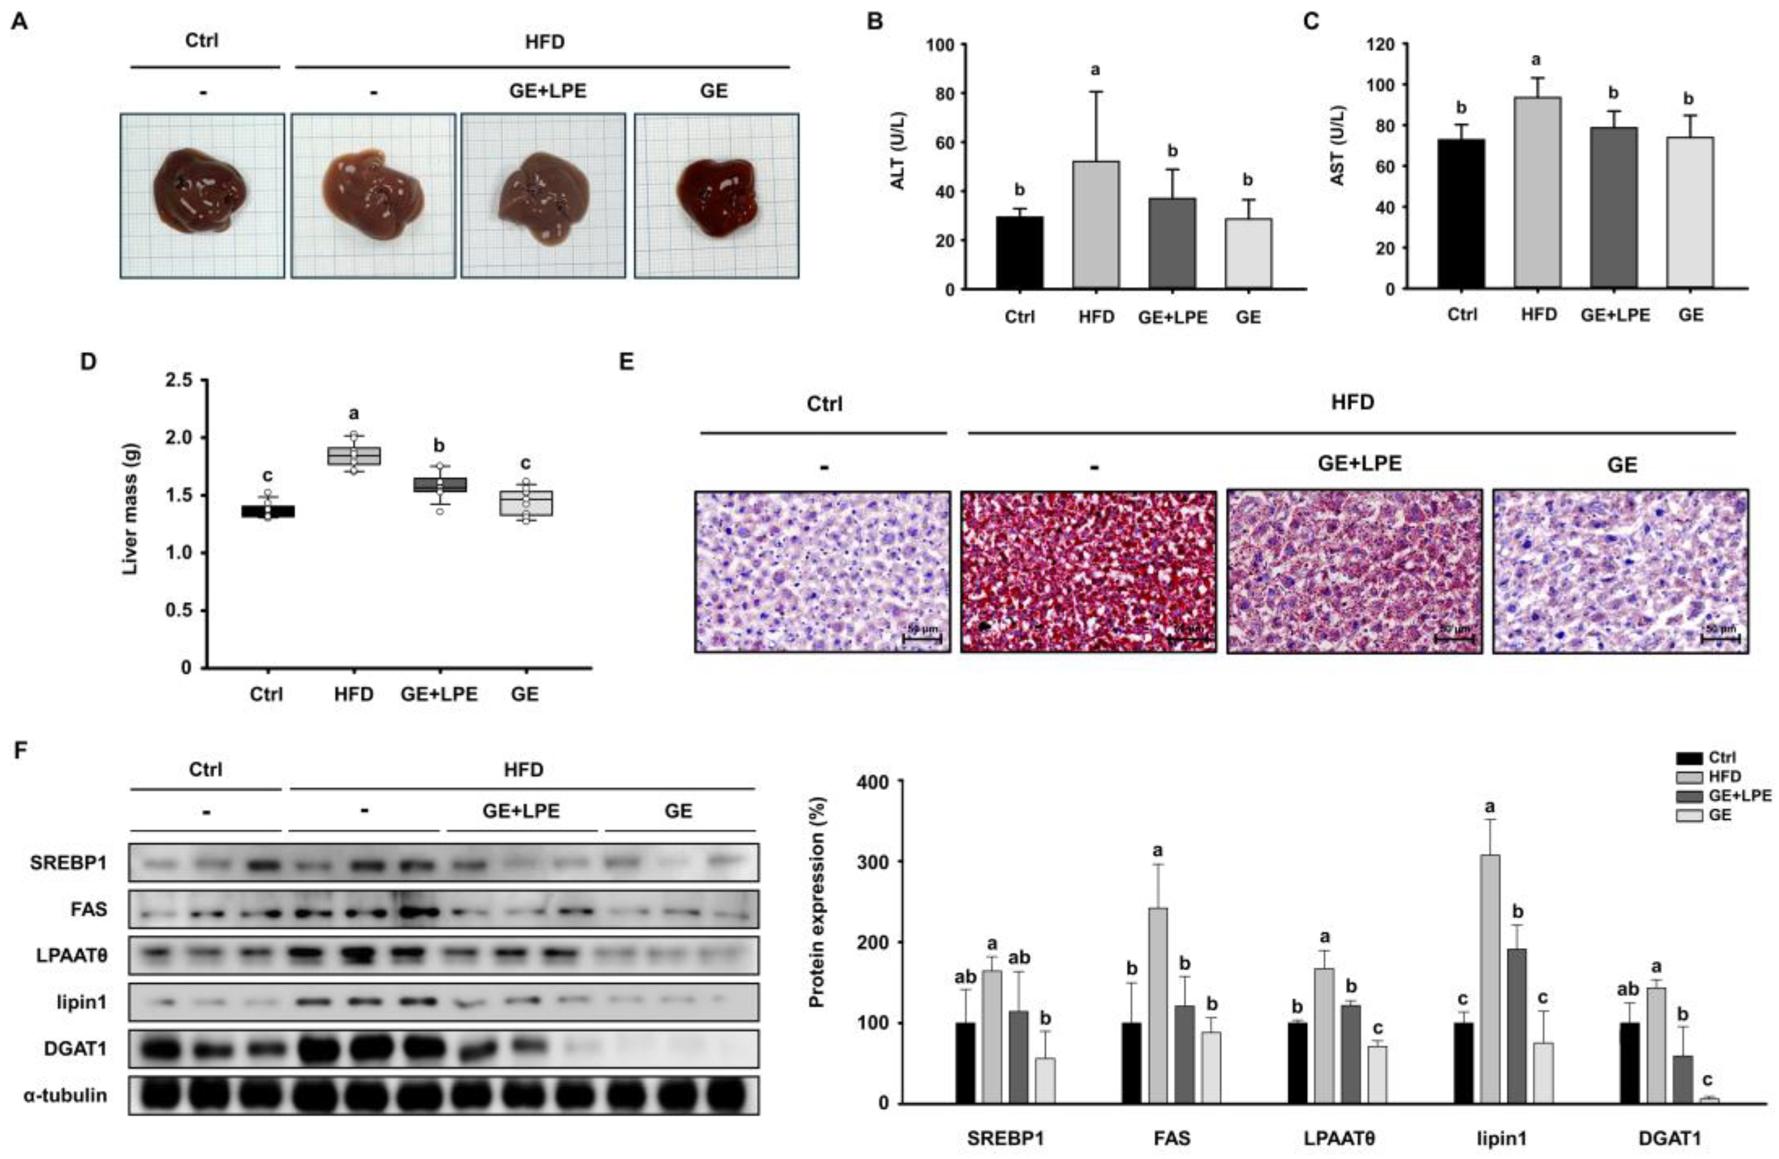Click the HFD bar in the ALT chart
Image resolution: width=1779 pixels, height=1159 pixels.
point(1096,225)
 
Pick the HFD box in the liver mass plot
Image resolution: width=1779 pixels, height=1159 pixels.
point(354,456)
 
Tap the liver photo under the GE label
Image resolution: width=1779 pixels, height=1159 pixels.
point(716,196)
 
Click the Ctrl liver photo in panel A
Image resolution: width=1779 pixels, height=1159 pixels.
point(203,196)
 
